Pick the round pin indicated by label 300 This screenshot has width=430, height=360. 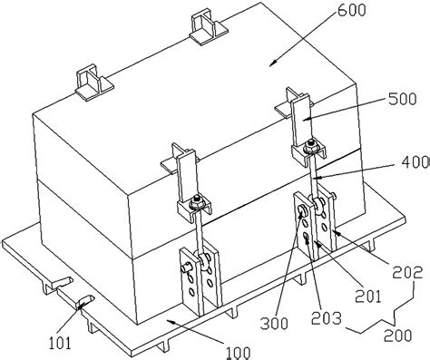[x=300, y=215]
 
